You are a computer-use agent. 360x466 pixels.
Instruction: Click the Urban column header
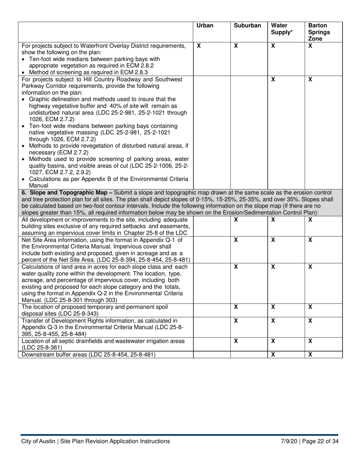205,26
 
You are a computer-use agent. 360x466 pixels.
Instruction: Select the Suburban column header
247,26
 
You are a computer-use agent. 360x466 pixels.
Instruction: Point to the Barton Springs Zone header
319,32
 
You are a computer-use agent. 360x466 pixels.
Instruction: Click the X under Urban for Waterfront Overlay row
199,46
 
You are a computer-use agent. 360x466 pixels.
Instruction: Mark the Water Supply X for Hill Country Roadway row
273,80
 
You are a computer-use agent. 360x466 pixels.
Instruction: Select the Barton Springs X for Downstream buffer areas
310,355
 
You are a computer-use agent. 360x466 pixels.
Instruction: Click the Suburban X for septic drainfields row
236,341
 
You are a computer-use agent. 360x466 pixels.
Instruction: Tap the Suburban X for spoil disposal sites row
236,307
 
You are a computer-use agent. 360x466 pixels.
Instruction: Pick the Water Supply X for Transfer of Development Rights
273,321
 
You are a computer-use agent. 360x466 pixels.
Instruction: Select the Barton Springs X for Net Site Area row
310,240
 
